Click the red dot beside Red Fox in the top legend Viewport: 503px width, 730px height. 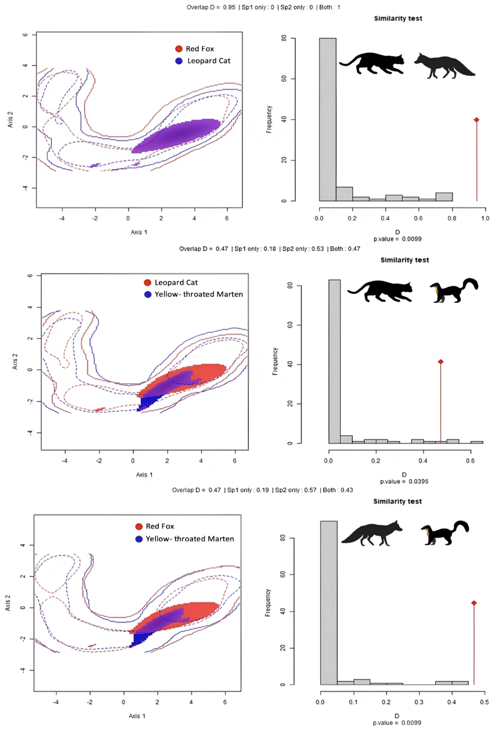click(179, 49)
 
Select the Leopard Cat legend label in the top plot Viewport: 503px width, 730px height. click(208, 61)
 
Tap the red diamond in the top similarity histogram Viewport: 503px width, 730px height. click(477, 120)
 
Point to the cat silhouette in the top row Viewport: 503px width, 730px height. click(372, 63)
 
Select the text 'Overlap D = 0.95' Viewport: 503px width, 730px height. click(211, 7)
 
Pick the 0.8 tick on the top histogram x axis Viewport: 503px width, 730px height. click(452, 218)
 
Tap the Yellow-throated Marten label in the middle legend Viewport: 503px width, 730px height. click(198, 294)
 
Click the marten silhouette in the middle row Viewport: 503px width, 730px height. click(454, 290)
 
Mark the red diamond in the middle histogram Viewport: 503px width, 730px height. click(441, 362)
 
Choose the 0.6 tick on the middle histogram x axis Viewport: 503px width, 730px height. click(470, 461)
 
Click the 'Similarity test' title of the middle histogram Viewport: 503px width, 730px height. click(405, 260)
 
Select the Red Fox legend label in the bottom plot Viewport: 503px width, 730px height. click(160, 526)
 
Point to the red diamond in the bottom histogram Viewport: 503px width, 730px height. click(474, 603)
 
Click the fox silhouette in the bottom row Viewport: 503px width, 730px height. click(371, 533)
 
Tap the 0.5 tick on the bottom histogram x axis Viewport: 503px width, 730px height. click(484, 702)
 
